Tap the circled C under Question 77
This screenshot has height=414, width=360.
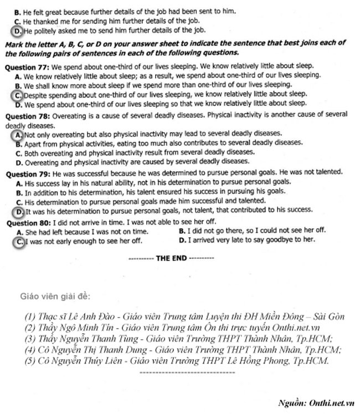pos(19,95)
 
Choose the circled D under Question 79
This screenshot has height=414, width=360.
pos(19,211)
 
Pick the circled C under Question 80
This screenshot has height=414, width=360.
pos(19,242)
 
